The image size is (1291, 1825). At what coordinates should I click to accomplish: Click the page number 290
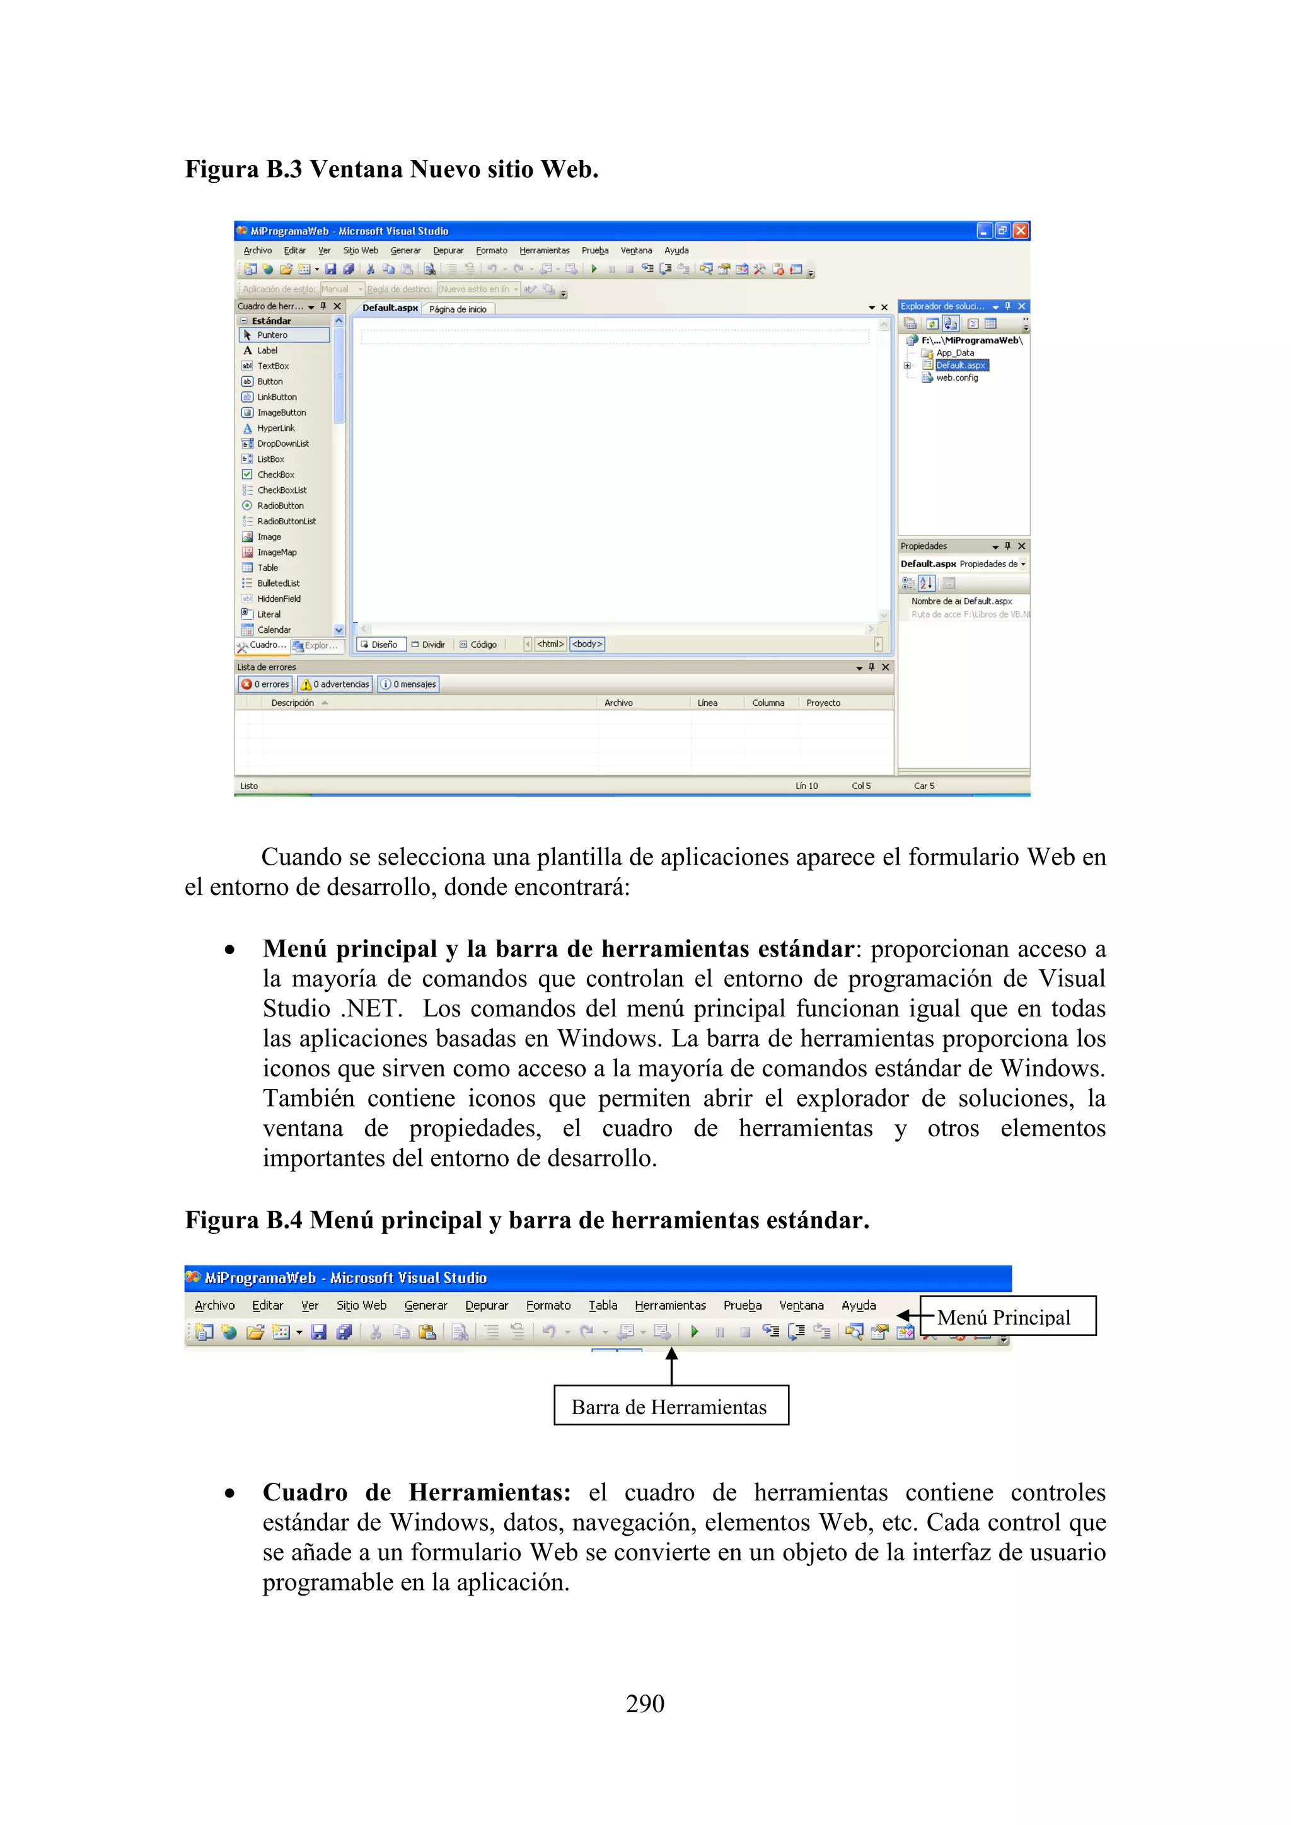(x=645, y=1703)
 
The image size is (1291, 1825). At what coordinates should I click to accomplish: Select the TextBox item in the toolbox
(x=273, y=366)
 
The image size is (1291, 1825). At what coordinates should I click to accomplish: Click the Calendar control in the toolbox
(x=274, y=630)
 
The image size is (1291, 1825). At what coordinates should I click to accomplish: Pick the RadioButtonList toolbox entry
(x=286, y=521)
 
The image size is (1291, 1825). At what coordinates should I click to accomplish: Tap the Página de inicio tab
(x=458, y=309)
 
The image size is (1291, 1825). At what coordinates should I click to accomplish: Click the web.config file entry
(x=956, y=378)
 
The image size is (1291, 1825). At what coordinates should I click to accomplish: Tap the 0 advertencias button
(x=335, y=684)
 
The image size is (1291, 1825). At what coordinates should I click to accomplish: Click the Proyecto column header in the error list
(x=823, y=703)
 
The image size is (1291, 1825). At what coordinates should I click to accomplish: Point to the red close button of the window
(x=1021, y=231)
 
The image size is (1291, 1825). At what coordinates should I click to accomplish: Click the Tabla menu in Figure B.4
(x=603, y=1305)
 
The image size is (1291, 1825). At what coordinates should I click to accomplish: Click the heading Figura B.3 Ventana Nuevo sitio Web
(x=391, y=170)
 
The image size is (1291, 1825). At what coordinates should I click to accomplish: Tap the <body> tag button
(x=588, y=645)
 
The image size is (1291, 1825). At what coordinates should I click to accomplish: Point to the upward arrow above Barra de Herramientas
(x=672, y=1364)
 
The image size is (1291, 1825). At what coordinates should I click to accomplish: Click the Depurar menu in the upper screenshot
(x=448, y=250)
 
